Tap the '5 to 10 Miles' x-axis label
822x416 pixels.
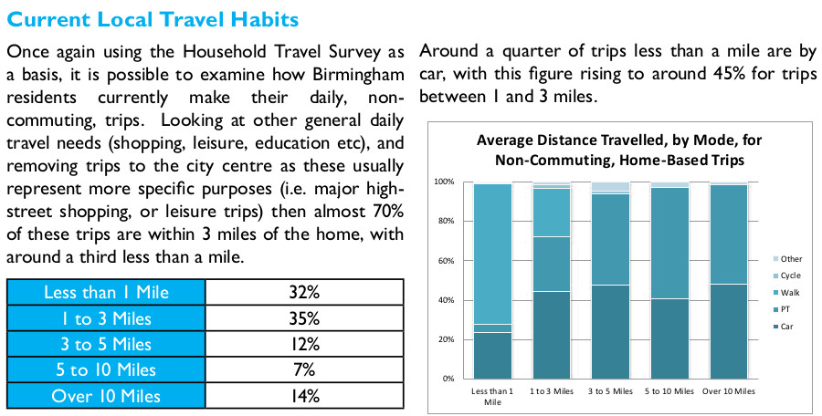tap(670, 390)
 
